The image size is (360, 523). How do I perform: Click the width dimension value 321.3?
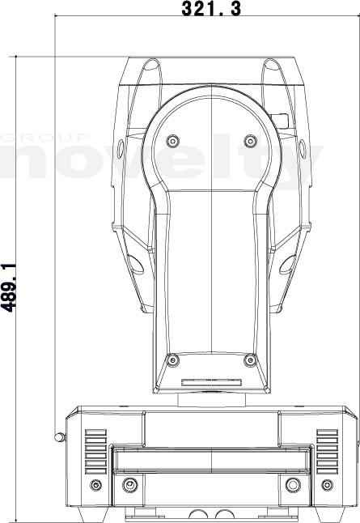click(x=211, y=8)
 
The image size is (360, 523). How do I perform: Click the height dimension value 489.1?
click(x=9, y=288)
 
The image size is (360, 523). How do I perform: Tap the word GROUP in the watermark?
click(x=45, y=138)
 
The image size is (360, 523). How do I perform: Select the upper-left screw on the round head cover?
click(x=172, y=141)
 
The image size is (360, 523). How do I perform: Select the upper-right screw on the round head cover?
click(x=250, y=141)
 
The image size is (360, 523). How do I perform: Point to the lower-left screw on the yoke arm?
click(x=172, y=360)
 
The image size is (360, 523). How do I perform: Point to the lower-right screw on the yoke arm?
click(x=250, y=360)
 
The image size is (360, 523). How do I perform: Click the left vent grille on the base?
click(x=95, y=452)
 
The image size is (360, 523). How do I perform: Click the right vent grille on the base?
click(x=328, y=452)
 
